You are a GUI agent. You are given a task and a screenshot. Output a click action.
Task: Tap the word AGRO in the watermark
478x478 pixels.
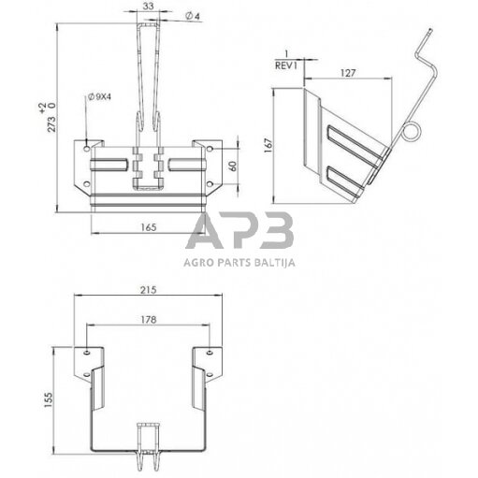click(199, 263)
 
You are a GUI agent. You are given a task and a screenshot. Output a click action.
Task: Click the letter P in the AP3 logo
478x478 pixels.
click(241, 231)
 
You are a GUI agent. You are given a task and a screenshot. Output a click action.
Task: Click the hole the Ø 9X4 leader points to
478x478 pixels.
click(87, 147)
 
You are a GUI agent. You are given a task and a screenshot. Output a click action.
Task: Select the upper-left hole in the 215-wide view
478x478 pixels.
click(88, 353)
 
